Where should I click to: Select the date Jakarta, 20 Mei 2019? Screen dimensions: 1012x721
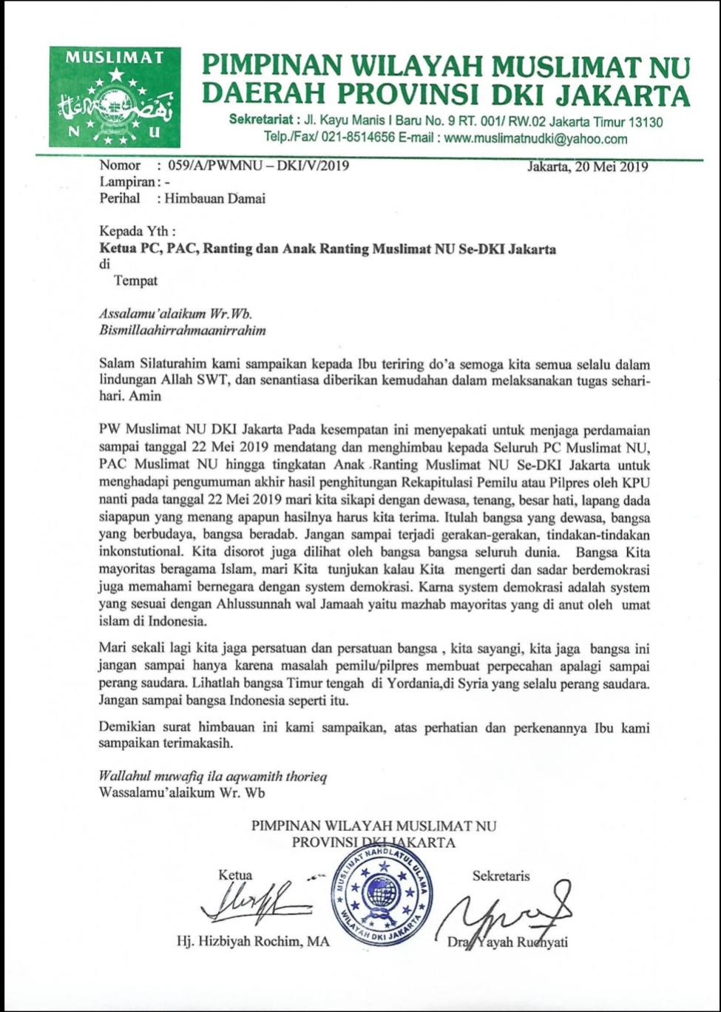pos(588,166)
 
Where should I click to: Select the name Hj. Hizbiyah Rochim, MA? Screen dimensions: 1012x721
pos(254,942)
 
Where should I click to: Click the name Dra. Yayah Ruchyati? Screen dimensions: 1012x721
pos(508,942)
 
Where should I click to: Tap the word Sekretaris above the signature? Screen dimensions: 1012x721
pos(501,876)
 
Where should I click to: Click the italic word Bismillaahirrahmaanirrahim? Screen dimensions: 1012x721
pos(182,330)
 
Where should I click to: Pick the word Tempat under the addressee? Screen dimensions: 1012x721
pos(136,280)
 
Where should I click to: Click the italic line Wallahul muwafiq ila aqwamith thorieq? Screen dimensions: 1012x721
pos(213,777)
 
